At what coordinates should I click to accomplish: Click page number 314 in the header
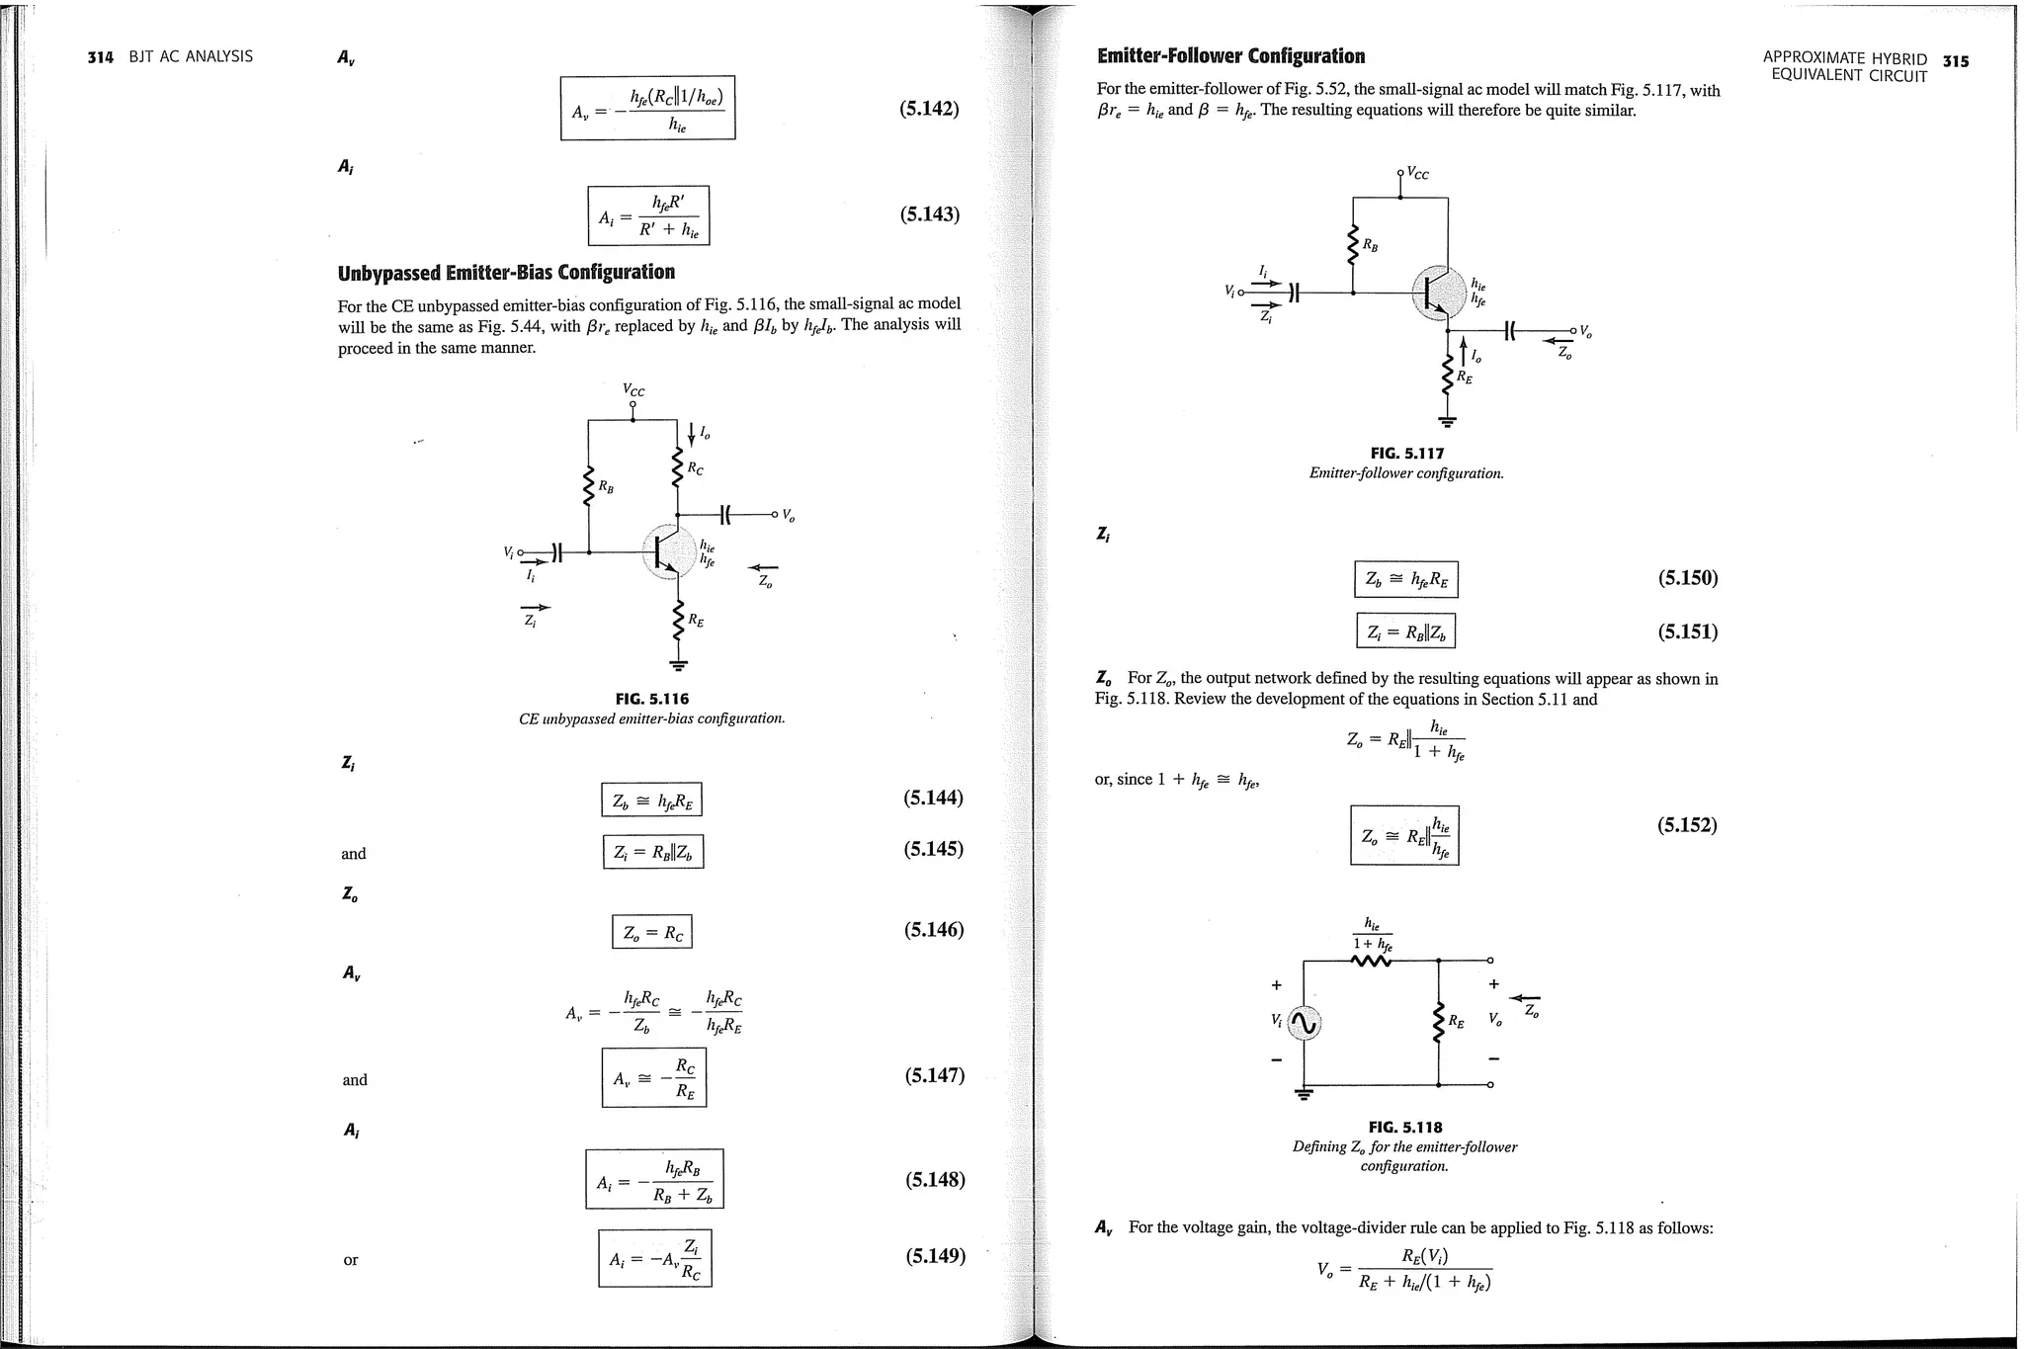[101, 57]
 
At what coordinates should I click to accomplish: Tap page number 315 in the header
[1955, 61]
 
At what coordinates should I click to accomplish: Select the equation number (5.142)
[929, 109]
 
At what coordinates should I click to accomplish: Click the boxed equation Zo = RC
[652, 932]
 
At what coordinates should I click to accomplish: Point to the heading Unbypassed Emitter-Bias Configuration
[506, 272]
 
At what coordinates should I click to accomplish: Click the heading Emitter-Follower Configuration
[1230, 56]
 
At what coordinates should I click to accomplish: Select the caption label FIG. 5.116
[651, 699]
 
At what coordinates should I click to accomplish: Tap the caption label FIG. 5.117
[1406, 454]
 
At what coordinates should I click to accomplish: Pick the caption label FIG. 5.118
[1404, 1127]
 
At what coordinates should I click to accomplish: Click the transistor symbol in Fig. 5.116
[668, 552]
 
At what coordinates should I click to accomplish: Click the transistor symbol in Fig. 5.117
[1437, 293]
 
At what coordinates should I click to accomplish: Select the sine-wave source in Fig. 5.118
[1306, 1023]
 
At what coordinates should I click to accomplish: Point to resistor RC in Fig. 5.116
[678, 467]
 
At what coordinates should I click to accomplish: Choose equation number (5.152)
[1687, 825]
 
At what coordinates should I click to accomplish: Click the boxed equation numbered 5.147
[654, 1078]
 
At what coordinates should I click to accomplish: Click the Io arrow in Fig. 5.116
[691, 433]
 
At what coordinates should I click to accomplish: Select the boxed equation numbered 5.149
[655, 1258]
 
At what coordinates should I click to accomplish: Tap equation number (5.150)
[1688, 578]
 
